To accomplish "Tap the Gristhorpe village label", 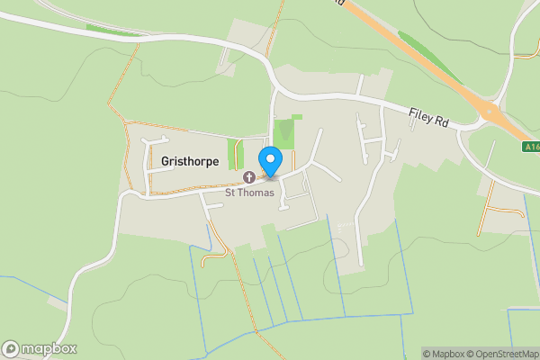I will [190, 161].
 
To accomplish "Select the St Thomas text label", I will [248, 193].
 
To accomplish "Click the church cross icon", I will [248, 177].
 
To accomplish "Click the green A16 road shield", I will [530, 146].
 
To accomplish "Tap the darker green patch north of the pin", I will [285, 134].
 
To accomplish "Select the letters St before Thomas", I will [230, 193].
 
